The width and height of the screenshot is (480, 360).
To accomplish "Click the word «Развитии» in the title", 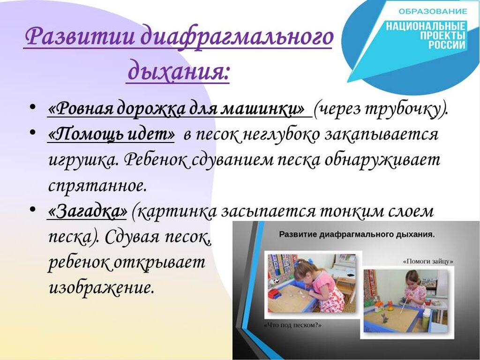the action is (x=81, y=37).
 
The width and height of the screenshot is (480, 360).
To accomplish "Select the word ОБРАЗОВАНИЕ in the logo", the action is (x=433, y=12).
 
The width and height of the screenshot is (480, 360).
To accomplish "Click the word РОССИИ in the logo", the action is (x=446, y=45).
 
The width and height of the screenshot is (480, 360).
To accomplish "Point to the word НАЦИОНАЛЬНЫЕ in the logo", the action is (x=425, y=26).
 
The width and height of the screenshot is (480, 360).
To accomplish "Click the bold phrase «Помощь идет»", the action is (x=112, y=135).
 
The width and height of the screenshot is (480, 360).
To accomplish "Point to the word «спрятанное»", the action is (x=97, y=186).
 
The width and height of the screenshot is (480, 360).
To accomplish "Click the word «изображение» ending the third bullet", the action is (x=101, y=288).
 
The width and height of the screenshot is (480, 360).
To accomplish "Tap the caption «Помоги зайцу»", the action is (x=428, y=262).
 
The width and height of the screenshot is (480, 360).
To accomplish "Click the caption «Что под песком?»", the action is (x=293, y=325).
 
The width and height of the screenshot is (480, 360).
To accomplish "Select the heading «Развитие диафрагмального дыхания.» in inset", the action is (x=357, y=235).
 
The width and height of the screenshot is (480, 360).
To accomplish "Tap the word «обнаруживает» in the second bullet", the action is (x=382, y=160).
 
